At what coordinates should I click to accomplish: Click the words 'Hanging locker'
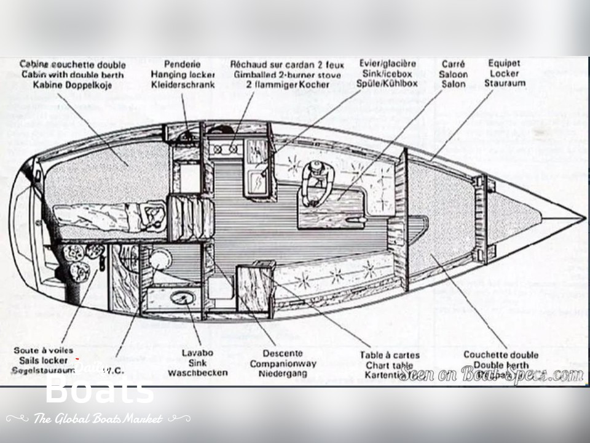(183, 74)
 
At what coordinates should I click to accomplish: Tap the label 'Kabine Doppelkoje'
(73, 85)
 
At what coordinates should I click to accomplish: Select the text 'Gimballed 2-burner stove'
(287, 74)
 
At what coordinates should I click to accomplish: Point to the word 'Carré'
(453, 64)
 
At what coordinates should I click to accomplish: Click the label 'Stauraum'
(505, 83)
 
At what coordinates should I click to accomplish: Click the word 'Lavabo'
(197, 353)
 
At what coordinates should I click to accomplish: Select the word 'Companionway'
(283, 363)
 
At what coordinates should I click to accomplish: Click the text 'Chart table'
(390, 365)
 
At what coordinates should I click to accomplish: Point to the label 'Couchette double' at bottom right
(500, 354)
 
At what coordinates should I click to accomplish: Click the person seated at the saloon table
(318, 182)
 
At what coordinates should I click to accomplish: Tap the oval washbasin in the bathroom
(183, 298)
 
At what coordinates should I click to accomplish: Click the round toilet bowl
(161, 258)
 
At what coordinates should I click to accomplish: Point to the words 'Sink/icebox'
(387, 74)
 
